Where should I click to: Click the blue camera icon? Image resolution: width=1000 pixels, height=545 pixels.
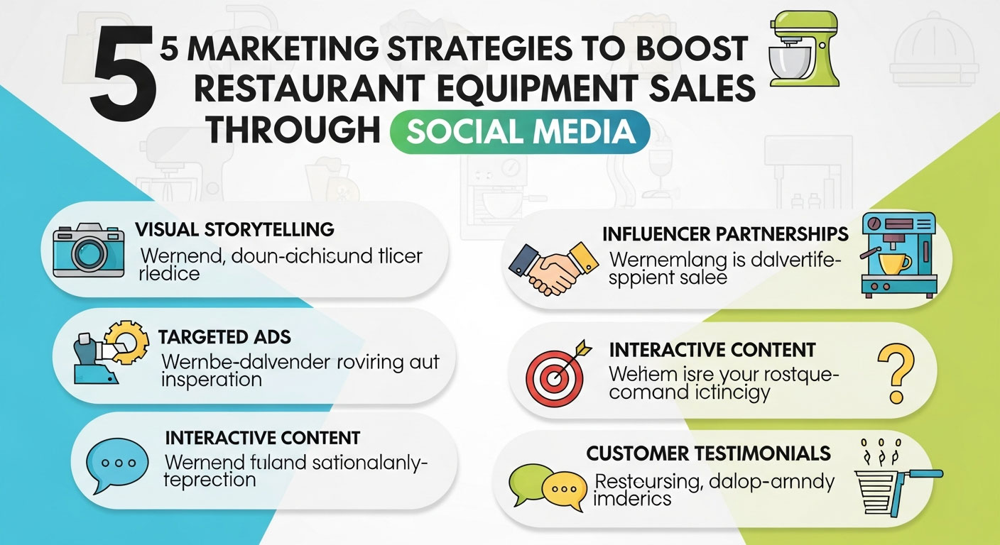pyautogui.click(x=89, y=250)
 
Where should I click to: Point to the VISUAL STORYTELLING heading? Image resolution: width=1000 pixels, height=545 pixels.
pyautogui.click(x=234, y=230)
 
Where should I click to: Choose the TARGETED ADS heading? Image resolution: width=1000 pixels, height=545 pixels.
pyautogui.click(x=224, y=336)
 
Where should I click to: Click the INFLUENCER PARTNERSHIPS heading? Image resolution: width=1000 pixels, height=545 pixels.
pyautogui.click(x=725, y=234)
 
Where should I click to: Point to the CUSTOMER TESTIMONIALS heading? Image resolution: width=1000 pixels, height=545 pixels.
pyautogui.click(x=709, y=453)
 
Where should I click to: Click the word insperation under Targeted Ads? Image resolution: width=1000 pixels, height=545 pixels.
pyautogui.click(x=212, y=380)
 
